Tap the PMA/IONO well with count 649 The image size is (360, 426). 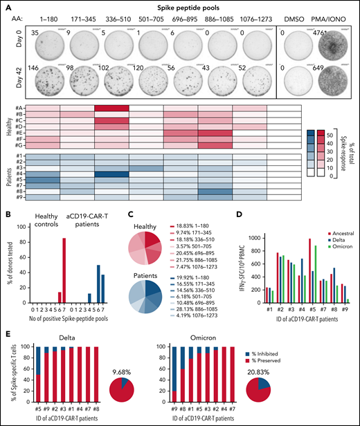pyautogui.click(x=328, y=74)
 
